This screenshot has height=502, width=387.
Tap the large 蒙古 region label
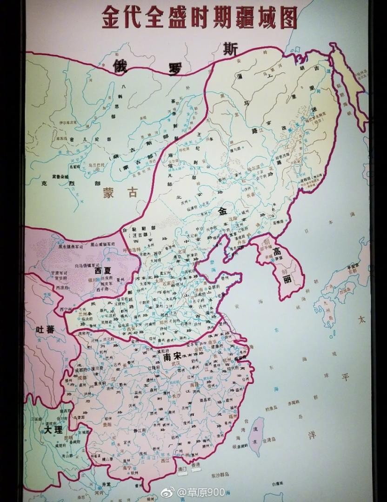tap(120, 192)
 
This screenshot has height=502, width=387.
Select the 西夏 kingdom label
tap(103, 270)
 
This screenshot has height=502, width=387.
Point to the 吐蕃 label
tap(45, 330)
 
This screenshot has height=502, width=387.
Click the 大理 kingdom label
tap(53, 430)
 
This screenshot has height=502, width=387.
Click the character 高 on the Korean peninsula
tap(277, 252)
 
